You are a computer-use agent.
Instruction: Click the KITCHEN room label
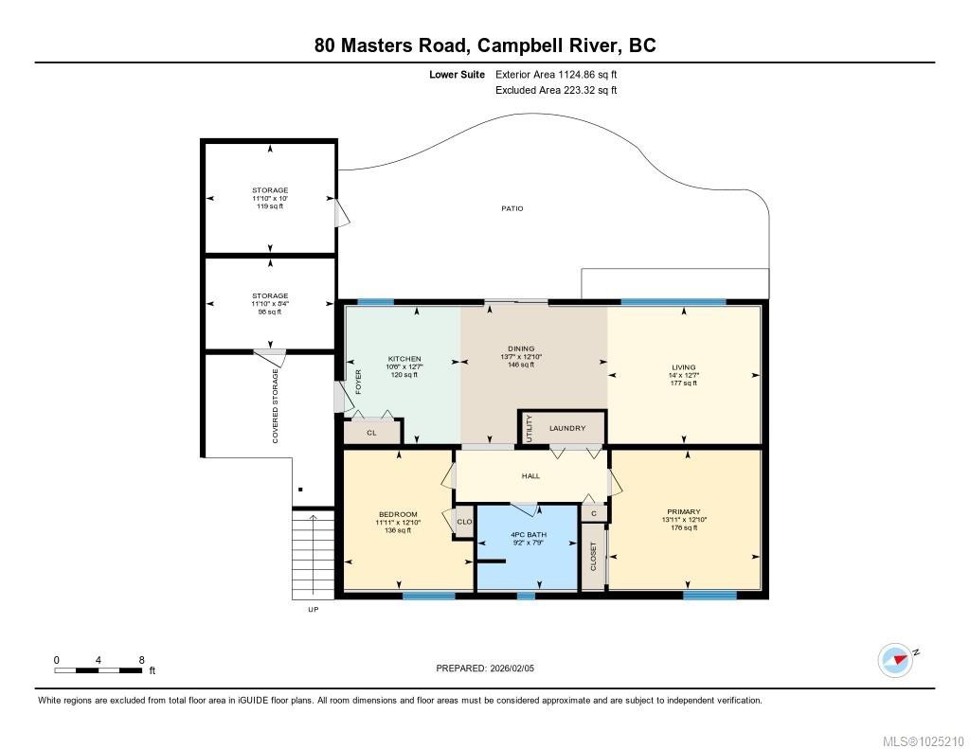[x=403, y=360]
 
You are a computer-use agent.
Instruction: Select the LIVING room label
[x=683, y=367]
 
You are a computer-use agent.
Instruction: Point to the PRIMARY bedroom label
[x=683, y=512]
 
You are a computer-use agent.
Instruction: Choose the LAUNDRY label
[x=567, y=428]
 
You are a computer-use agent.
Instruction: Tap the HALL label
[x=530, y=476]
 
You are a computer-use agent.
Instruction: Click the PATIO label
[x=512, y=208]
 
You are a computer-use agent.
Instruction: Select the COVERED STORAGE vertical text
[x=276, y=406]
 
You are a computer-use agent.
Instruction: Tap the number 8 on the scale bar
[x=141, y=660]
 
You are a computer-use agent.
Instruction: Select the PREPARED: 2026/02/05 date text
[x=491, y=668]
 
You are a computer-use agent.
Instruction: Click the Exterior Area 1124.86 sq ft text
[x=556, y=74]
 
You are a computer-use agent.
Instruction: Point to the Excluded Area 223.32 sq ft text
[x=556, y=91]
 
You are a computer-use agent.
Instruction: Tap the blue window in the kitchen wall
[x=376, y=302]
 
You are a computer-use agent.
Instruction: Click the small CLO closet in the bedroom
[x=464, y=522]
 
